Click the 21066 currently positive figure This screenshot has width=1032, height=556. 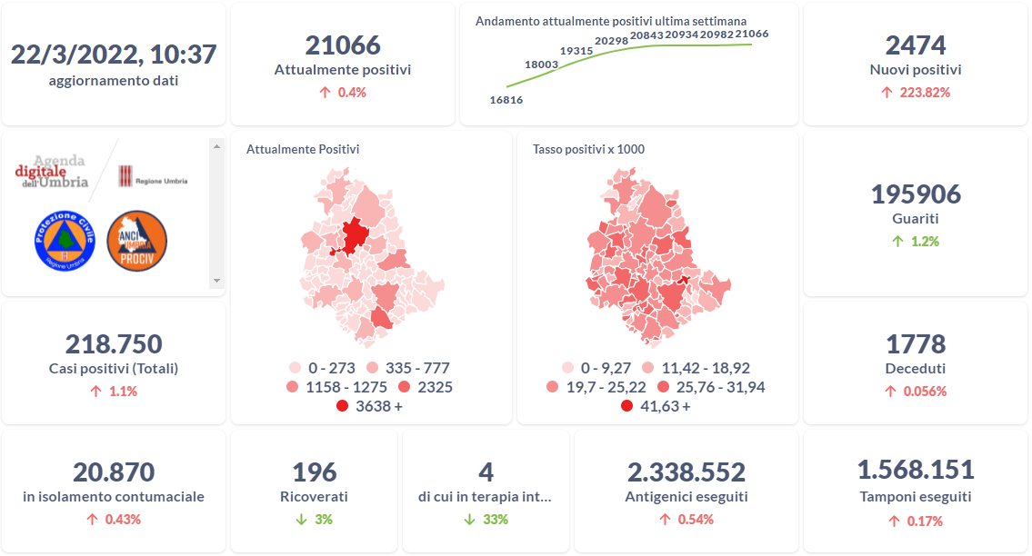343,45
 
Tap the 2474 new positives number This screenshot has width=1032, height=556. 916,45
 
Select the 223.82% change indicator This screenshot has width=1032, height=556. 916,92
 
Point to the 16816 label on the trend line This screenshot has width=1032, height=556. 506,100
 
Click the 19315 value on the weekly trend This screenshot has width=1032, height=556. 577,51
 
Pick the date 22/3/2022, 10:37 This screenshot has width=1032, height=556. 114,55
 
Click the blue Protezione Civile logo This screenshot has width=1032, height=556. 65,240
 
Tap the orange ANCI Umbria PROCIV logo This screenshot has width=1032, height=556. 136,240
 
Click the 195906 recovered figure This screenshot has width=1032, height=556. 916,194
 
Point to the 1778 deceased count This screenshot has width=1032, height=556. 916,344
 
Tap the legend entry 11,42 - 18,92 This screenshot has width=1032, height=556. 696,369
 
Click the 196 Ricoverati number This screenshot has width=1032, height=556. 315,472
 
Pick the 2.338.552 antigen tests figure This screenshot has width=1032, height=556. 686,472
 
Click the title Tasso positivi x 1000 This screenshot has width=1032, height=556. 588,149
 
